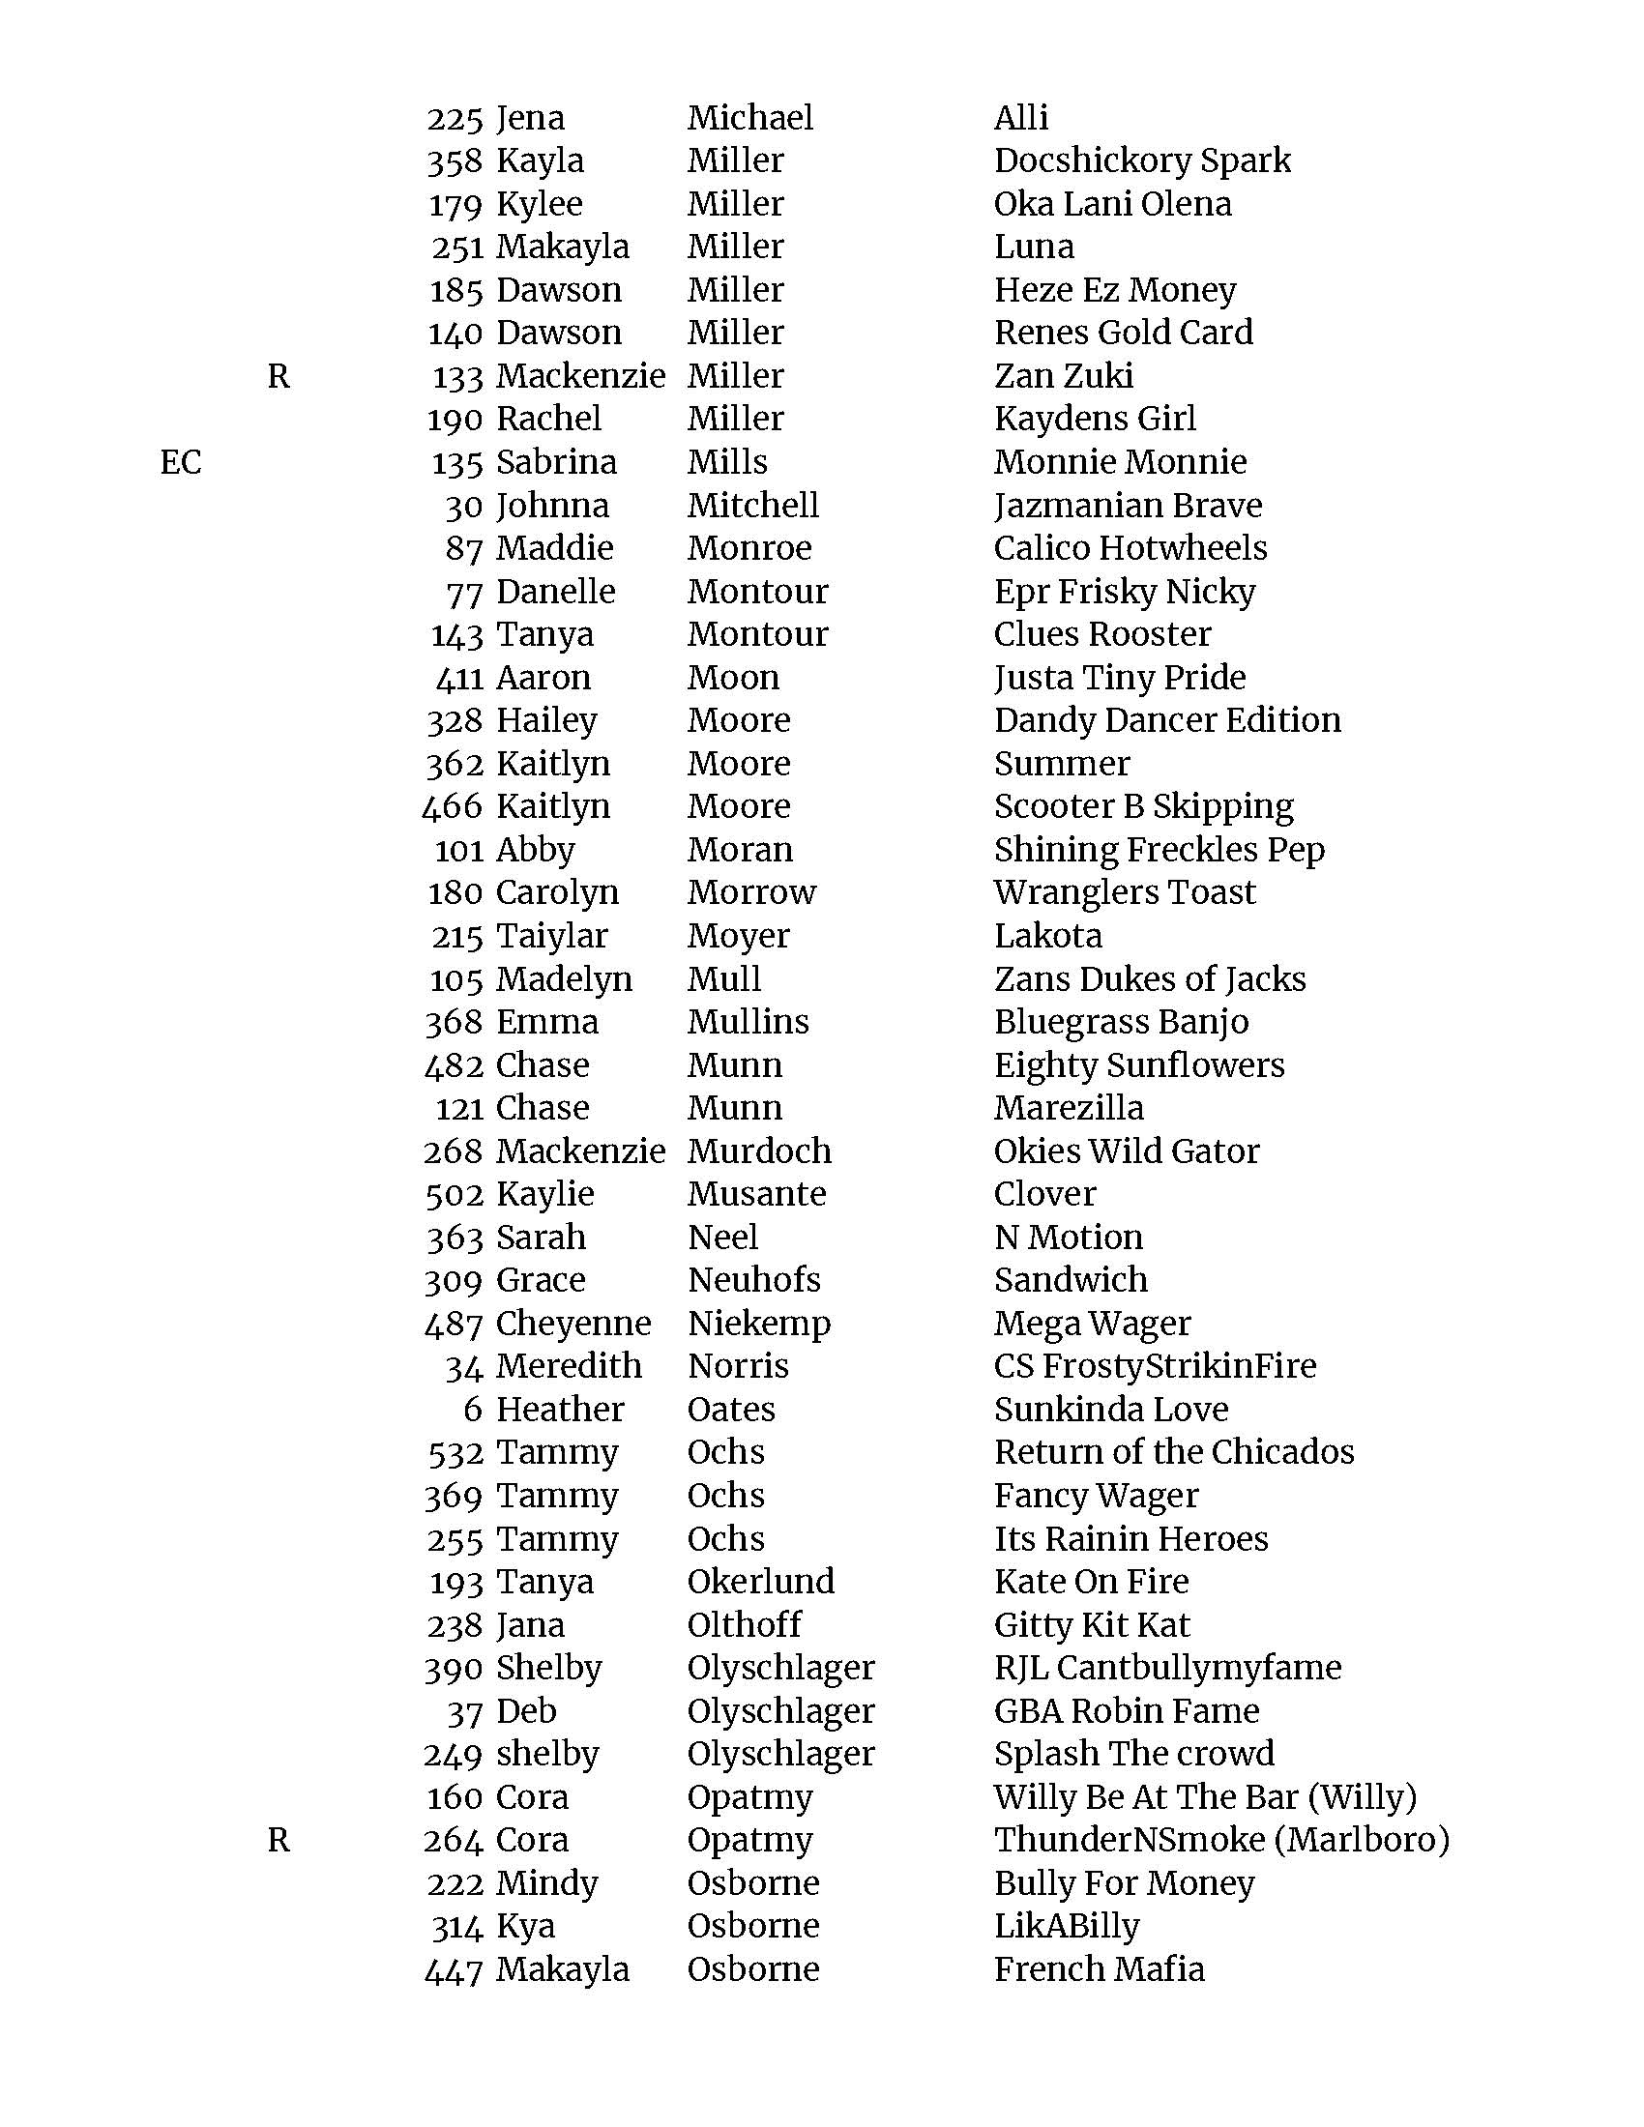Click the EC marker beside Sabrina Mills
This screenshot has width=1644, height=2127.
click(181, 461)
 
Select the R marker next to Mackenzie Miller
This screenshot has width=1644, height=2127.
click(279, 376)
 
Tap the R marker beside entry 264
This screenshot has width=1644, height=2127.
click(279, 1840)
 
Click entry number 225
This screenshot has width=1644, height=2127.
click(455, 119)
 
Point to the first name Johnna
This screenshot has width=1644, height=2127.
click(552, 506)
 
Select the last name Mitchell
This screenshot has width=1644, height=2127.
click(752, 506)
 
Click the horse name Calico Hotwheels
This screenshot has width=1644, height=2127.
click(1130, 548)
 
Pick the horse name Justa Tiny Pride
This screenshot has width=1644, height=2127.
click(1119, 678)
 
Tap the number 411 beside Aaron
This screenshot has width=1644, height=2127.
click(458, 678)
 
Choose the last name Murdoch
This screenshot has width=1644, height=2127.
click(759, 1151)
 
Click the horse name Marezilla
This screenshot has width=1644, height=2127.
click(1069, 1108)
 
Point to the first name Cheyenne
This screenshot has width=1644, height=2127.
click(572, 1324)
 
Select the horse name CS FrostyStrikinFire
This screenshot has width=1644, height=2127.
click(1154, 1366)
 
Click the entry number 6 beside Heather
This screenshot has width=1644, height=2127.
click(473, 1410)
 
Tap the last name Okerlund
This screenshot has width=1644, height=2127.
click(761, 1582)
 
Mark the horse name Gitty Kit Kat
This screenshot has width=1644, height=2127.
click(1091, 1624)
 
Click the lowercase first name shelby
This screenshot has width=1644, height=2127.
click(547, 1754)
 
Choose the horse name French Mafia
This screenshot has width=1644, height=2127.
click(1099, 1969)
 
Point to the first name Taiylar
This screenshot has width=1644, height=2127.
click(551, 936)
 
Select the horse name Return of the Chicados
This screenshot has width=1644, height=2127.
click(1174, 1452)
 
